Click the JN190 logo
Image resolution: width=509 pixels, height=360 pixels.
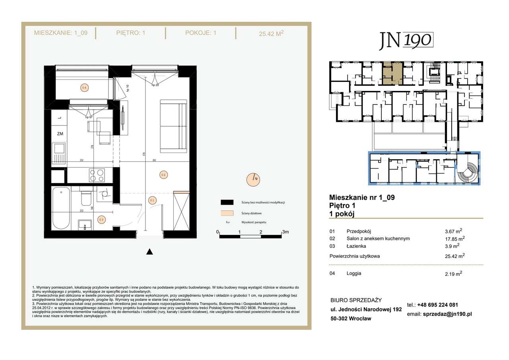pyautogui.click(x=405, y=41)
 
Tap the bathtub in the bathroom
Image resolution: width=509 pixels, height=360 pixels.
pyautogui.click(x=61, y=208)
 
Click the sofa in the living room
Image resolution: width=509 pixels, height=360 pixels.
pyautogui.click(x=173, y=126)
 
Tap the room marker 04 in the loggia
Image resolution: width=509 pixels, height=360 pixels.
pyautogui.click(x=84, y=87)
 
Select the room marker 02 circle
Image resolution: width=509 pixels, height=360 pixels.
pyautogui.click(x=163, y=174)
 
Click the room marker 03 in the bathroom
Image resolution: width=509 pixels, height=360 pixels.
pyautogui.click(x=101, y=219)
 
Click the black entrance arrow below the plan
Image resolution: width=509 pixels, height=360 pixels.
pyautogui.click(x=149, y=252)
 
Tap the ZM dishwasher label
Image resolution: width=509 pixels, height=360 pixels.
pyautogui.click(x=60, y=134)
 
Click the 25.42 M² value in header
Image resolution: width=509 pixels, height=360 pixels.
pyautogui.click(x=271, y=34)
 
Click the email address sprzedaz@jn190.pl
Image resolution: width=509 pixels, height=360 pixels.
pyautogui.click(x=447, y=314)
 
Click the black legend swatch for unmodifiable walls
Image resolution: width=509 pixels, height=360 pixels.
pyautogui.click(x=227, y=202)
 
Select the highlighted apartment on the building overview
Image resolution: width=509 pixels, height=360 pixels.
pyautogui.click(x=392, y=72)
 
